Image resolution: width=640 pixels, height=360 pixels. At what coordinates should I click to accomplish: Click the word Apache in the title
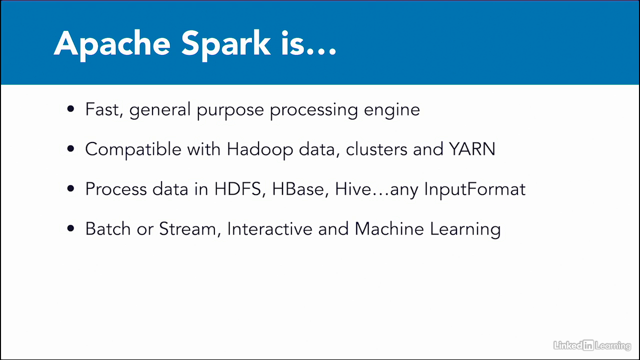(x=112, y=44)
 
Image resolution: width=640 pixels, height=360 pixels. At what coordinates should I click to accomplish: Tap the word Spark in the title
(x=225, y=44)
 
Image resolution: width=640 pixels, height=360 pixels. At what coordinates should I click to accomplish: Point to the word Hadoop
(x=259, y=149)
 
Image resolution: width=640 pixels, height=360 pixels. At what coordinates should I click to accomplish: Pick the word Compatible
(x=133, y=149)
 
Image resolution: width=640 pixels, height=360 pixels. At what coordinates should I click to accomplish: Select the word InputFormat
(x=474, y=189)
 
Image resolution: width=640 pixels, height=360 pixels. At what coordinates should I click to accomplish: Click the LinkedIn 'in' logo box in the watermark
(x=588, y=345)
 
